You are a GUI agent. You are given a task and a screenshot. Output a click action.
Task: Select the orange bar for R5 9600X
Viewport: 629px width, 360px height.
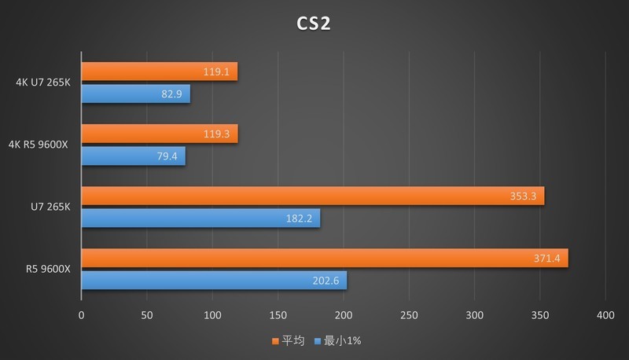(324, 258)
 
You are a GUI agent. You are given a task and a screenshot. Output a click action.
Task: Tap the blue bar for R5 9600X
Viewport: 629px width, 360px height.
(214, 281)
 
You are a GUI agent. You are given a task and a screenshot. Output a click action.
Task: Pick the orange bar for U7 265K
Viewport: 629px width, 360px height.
(312, 196)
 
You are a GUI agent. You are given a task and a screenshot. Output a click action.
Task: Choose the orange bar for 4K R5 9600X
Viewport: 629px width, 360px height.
(159, 134)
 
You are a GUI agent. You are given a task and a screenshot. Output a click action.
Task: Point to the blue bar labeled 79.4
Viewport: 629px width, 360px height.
(133, 156)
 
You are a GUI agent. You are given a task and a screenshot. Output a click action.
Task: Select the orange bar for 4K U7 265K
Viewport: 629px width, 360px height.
(159, 72)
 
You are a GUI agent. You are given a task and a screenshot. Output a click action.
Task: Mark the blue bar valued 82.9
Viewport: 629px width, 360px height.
(135, 94)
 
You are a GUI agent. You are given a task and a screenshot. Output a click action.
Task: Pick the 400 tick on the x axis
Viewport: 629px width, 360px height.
(605, 314)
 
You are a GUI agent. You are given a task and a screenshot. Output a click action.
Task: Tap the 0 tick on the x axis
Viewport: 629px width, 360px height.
(82, 314)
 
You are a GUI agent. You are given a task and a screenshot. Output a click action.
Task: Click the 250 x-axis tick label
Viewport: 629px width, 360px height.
(409, 314)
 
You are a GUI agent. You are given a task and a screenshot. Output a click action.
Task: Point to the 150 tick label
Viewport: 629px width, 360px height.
(278, 314)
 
